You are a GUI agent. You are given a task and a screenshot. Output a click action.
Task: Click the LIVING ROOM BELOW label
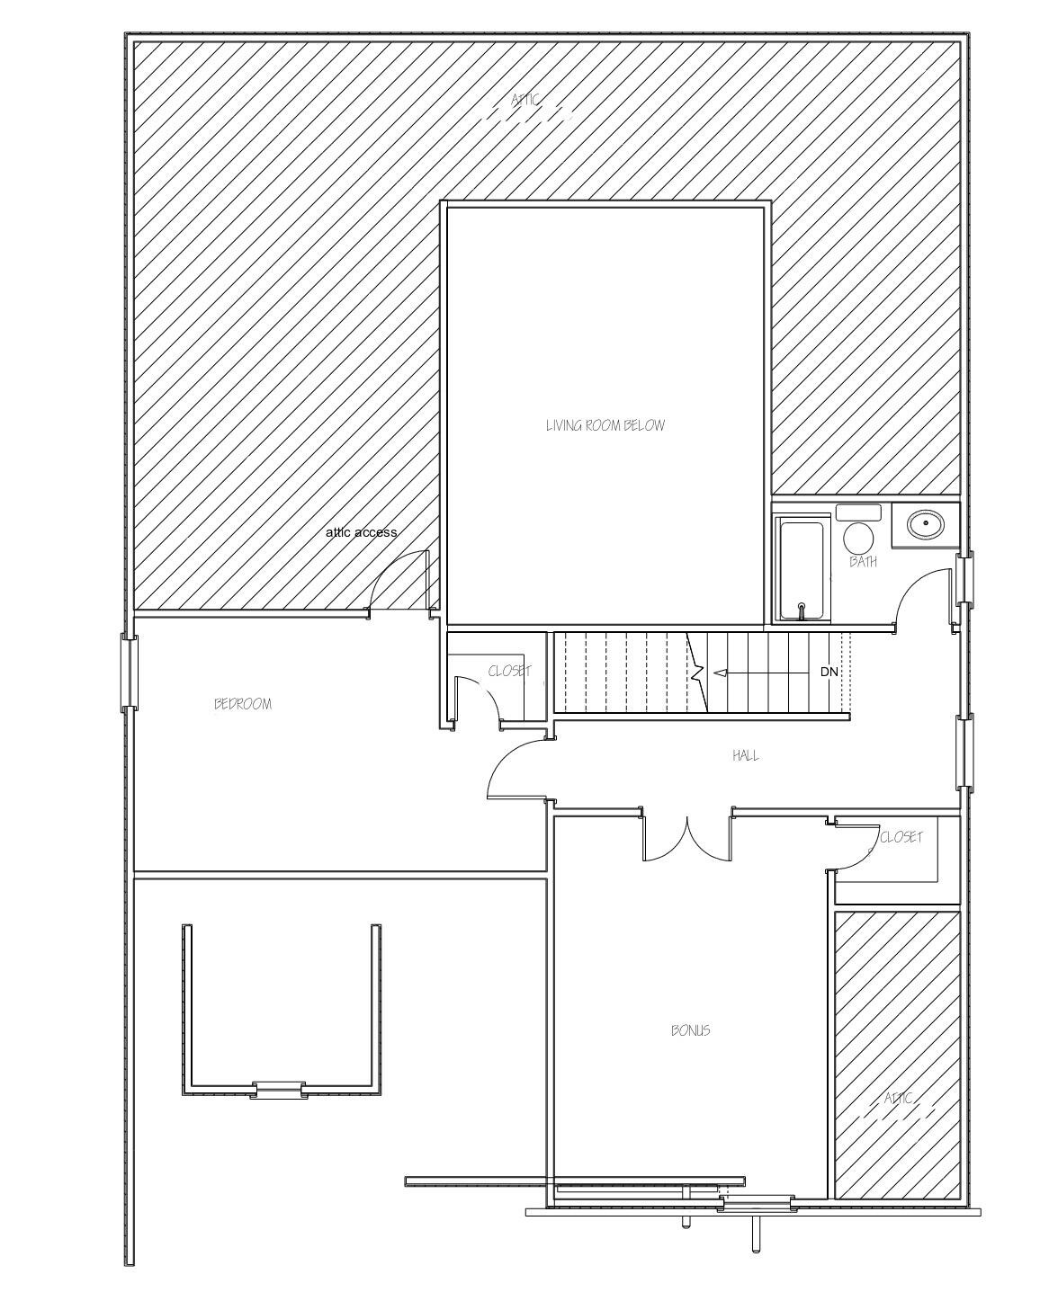(x=605, y=425)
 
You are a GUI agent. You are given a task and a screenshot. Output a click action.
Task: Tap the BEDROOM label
(x=242, y=704)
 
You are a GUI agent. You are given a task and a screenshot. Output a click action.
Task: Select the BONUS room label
(x=690, y=1030)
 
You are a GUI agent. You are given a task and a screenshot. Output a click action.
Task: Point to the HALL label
(x=745, y=756)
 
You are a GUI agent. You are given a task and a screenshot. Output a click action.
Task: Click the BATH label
(x=863, y=563)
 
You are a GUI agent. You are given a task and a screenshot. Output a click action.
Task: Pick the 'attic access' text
(x=361, y=532)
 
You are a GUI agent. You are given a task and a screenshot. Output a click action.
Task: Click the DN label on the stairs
(x=829, y=672)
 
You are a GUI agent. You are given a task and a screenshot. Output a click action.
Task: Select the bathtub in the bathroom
(x=802, y=569)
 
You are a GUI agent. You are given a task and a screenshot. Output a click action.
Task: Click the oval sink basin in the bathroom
(x=925, y=523)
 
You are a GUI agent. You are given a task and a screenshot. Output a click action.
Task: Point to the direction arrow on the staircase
(x=747, y=673)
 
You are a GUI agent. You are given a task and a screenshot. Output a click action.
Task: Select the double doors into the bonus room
(x=687, y=838)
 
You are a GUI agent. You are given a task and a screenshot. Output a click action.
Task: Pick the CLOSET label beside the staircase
(x=509, y=672)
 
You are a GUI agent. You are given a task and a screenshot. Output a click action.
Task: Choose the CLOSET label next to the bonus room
(x=901, y=837)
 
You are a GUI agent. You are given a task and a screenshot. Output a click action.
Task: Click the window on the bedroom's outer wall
(x=130, y=672)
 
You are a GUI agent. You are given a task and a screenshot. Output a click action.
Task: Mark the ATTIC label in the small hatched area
(x=898, y=1099)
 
